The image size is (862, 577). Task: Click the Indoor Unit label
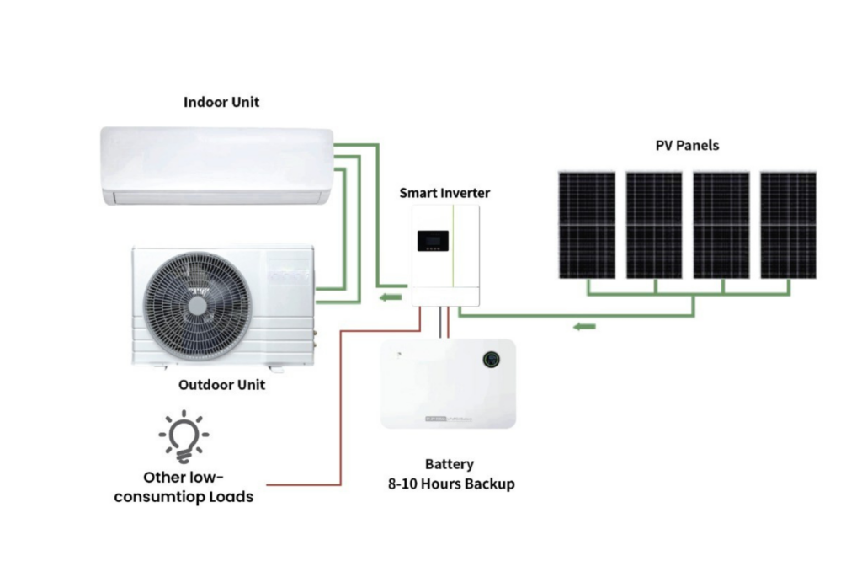[221, 102]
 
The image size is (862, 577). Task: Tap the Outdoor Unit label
[221, 385]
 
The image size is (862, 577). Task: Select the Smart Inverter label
[444, 193]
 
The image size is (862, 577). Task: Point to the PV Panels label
[687, 145]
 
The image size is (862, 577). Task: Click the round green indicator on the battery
[490, 359]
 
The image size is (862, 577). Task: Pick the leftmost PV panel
[587, 225]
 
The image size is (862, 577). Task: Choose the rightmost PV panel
[788, 225]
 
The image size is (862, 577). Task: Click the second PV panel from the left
[654, 225]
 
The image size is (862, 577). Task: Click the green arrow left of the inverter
[388, 297]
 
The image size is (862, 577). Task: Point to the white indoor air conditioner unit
[216, 165]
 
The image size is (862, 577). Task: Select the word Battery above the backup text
[449, 464]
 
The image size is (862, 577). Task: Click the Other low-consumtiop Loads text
[184, 487]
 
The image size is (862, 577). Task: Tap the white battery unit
[448, 383]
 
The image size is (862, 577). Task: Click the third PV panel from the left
[721, 225]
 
